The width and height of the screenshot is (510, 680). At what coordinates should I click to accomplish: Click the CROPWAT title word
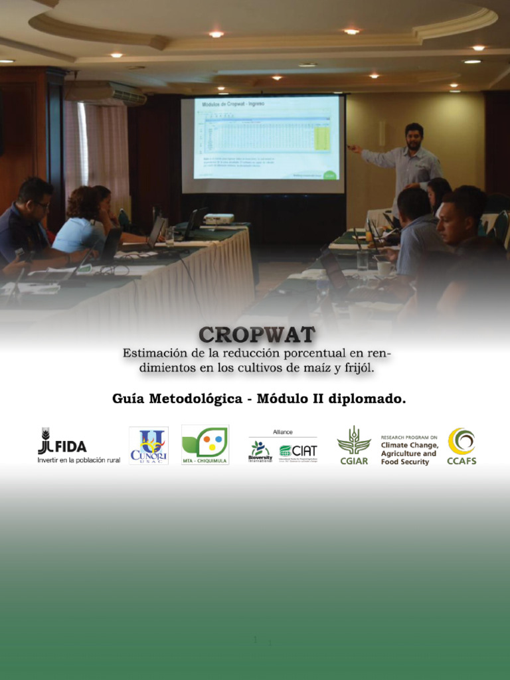pos(257,334)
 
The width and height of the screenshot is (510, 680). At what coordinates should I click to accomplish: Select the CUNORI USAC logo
pos(149,445)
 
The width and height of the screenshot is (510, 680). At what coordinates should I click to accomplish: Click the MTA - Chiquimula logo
pos(205,444)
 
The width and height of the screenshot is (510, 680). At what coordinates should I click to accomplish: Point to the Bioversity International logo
pos(260,452)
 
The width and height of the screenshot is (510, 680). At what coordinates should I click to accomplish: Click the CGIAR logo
pos(353,445)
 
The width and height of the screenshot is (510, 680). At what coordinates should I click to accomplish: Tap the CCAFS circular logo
pos(462,446)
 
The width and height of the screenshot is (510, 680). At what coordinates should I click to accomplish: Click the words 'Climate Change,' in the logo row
pos(409,446)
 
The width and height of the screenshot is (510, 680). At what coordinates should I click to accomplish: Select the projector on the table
pos(218,218)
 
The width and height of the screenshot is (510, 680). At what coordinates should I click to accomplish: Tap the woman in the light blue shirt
pos(80,222)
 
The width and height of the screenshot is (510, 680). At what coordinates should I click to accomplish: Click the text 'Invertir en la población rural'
pos(79,460)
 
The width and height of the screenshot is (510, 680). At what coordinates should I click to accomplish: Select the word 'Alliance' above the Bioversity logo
pos(283,432)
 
